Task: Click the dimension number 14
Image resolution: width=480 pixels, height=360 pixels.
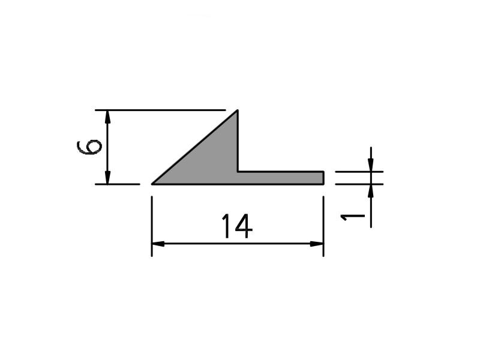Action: click(237, 226)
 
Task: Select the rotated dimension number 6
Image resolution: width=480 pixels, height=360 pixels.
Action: click(89, 147)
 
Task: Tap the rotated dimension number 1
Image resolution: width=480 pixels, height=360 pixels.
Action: click(353, 217)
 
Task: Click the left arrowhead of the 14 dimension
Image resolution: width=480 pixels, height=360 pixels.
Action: click(158, 244)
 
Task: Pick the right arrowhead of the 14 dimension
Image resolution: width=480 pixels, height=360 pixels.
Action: click(317, 244)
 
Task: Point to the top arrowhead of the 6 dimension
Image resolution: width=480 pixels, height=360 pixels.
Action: click(107, 116)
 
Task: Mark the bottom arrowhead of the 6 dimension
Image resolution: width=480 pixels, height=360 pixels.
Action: click(107, 178)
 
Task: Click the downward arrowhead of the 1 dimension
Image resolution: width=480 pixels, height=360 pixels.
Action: click(371, 165)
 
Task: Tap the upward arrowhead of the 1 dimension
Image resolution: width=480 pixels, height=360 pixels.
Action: click(371, 191)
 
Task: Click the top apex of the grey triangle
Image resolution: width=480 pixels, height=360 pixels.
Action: click(238, 110)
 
